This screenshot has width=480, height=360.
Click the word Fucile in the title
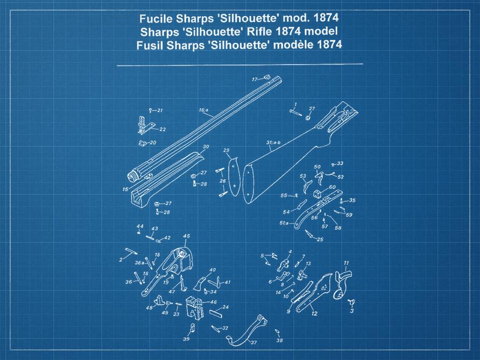tap(156, 18)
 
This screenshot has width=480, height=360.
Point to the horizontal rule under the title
tap(239, 65)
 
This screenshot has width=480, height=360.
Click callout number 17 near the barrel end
tap(255, 80)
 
